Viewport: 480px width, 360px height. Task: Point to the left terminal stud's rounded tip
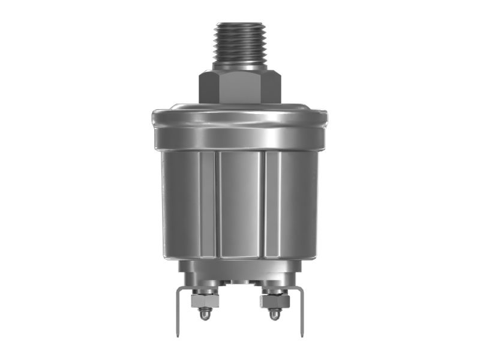[x=205, y=315]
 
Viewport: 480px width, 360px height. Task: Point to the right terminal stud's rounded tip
[x=275, y=315]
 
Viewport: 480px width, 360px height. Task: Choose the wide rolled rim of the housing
[x=240, y=129]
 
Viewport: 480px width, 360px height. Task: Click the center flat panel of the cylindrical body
[x=239, y=204]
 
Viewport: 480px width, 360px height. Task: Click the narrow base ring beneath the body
[x=240, y=267]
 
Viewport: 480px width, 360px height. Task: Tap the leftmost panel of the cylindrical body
[x=180, y=204]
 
